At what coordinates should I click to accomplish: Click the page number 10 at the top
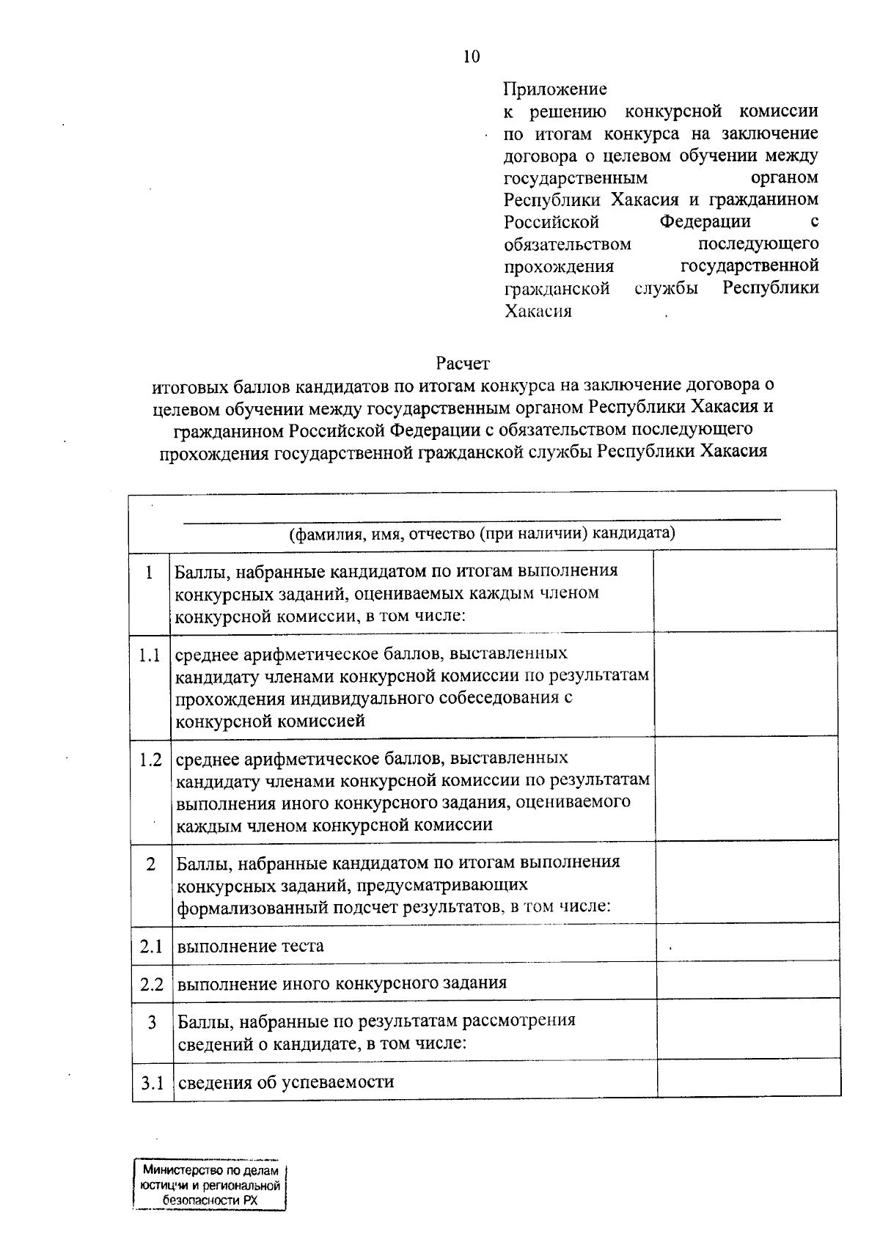(472, 57)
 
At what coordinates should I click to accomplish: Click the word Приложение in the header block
(555, 89)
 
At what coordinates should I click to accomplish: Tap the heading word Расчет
(462, 363)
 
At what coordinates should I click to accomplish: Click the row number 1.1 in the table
(150, 655)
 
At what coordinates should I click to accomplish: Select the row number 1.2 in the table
(150, 760)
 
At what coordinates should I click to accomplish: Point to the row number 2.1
(151, 947)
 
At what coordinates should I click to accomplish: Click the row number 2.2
(151, 984)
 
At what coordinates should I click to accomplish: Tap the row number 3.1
(152, 1082)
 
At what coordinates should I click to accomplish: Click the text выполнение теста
(250, 946)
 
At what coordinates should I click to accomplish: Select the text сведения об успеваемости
(286, 1081)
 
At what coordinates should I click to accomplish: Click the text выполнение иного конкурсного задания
(342, 983)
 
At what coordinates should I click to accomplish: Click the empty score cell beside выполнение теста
(747, 943)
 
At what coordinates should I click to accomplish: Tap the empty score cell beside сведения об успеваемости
(748, 1078)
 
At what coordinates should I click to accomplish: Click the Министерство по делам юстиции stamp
(210, 1186)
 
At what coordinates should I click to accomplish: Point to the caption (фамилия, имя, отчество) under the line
(482, 533)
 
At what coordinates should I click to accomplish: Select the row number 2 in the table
(151, 864)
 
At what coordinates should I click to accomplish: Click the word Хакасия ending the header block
(538, 311)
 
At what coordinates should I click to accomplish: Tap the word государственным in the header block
(576, 178)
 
